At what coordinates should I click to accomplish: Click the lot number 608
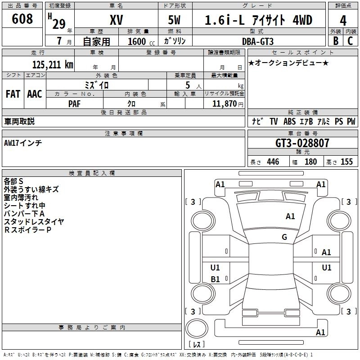pyautogui.click(x=22, y=19)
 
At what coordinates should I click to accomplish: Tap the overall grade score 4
pyautogui.click(x=343, y=20)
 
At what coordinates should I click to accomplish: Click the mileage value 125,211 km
pyautogui.click(x=52, y=64)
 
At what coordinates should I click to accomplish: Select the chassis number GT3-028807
pyautogui.click(x=302, y=144)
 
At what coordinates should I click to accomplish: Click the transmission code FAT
pyautogui.click(x=13, y=94)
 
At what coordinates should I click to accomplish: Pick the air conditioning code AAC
pyautogui.click(x=34, y=94)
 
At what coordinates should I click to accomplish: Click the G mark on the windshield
pyautogui.click(x=284, y=237)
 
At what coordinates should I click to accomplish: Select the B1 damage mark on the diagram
pyautogui.click(x=216, y=279)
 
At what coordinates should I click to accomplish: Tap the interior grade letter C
pyautogui.click(x=350, y=41)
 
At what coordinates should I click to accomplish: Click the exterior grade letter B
pyautogui.click(x=335, y=41)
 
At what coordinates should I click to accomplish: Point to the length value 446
pyautogui.click(x=273, y=162)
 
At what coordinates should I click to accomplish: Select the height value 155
pyautogui.click(x=346, y=162)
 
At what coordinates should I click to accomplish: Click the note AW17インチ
pyautogui.click(x=23, y=143)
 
